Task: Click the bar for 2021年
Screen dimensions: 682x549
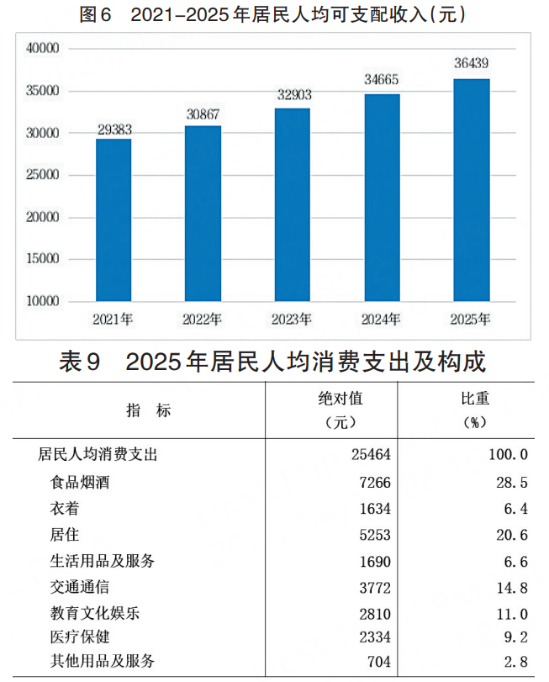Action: [113, 219]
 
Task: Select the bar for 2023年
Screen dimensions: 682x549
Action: [292, 204]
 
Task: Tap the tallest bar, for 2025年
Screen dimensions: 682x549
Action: [471, 189]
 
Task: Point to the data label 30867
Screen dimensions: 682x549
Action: [203, 114]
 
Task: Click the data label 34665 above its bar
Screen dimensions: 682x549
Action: [382, 81]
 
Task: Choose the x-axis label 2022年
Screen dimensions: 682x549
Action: [203, 320]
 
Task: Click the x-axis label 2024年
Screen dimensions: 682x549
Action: [382, 320]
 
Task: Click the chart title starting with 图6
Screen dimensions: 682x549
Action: [274, 15]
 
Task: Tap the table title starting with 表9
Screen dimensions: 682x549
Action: [274, 362]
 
